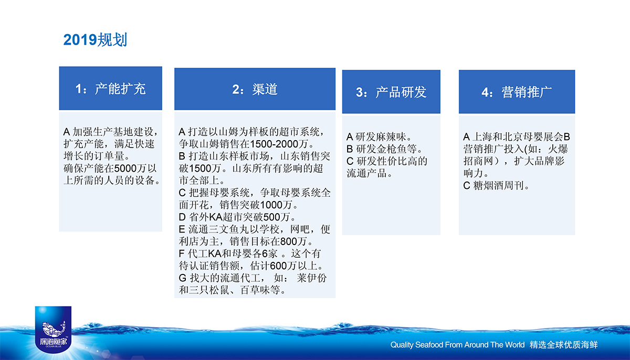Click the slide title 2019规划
tap(95, 40)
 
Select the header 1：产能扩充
tap(111, 89)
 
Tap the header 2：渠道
tap(255, 89)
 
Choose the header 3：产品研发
tap(391, 92)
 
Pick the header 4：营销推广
tap(517, 92)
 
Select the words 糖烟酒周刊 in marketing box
tap(499, 185)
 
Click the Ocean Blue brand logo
tap(53, 330)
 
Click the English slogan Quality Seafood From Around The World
tap(457, 345)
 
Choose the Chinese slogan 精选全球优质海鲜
tap(564, 345)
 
